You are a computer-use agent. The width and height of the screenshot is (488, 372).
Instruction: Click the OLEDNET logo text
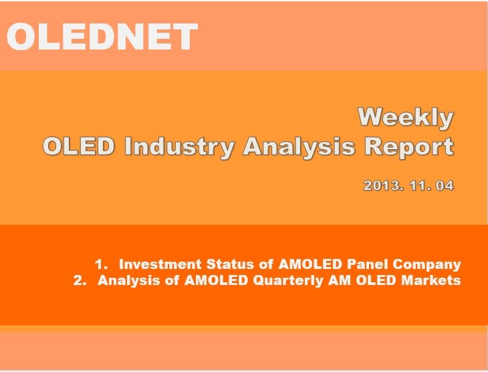(x=102, y=36)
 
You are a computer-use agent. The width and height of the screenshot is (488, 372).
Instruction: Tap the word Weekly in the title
(x=406, y=118)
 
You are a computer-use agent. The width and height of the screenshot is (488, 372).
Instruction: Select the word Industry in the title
(x=179, y=147)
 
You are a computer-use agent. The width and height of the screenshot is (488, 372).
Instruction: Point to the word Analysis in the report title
(x=299, y=147)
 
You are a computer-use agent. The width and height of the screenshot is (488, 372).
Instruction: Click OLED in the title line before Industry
(x=79, y=146)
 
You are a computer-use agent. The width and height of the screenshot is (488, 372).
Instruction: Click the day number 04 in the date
(x=445, y=185)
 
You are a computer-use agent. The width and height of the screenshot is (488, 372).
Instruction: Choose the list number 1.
(x=101, y=264)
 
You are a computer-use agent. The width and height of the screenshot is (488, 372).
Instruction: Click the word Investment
(x=160, y=264)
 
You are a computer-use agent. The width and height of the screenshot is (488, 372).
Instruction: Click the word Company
(x=426, y=265)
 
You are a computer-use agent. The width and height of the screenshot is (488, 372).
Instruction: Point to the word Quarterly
(x=288, y=281)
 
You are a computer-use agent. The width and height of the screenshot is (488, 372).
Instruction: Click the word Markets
(x=431, y=280)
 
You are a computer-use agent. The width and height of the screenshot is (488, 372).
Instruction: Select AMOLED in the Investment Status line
(x=310, y=264)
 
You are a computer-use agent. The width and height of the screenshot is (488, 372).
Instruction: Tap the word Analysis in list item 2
(x=129, y=281)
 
